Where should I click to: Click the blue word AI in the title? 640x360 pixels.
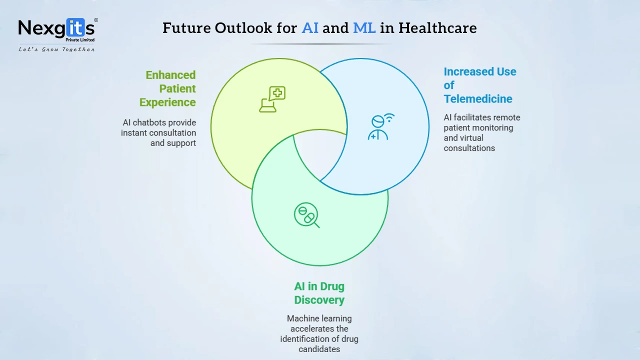(310, 28)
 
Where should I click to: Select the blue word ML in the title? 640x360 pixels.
(364, 28)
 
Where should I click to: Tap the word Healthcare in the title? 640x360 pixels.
(437, 28)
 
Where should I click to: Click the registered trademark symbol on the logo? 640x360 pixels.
(96, 20)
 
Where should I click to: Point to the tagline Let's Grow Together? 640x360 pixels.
(56, 49)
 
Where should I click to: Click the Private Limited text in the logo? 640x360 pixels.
(80, 39)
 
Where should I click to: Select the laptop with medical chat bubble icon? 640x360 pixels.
(272, 99)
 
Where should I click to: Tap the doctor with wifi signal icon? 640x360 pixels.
(381, 127)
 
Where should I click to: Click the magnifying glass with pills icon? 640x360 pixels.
(307, 215)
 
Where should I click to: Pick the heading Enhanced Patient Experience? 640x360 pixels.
(167, 88)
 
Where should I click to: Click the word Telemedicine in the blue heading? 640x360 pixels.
(478, 99)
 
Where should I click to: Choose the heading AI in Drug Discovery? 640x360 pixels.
(319, 293)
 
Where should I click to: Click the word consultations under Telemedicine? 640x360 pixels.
(469, 148)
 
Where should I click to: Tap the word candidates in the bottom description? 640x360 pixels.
(319, 349)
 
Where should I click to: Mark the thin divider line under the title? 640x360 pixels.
(319, 44)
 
